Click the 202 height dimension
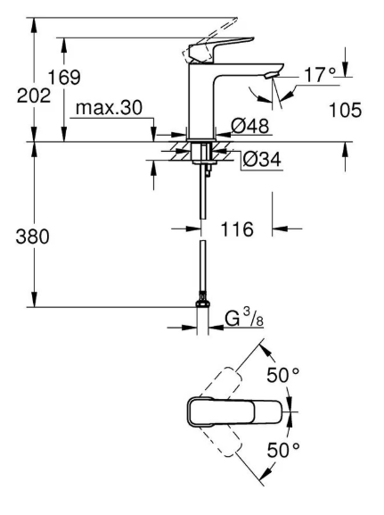tap(34, 96)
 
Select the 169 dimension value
tap(64, 78)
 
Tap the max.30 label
tap(109, 108)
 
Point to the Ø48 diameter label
tap(249, 125)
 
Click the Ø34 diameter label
tap(262, 160)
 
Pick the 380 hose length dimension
tap(32, 237)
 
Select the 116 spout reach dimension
tap(237, 228)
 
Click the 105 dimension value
tap(345, 110)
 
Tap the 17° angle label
tap(320, 75)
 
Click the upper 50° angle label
tap(282, 375)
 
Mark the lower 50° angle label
tap(283, 450)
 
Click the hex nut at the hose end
tap(202, 303)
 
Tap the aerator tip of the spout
tap(271, 75)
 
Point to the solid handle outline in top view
tap(234, 411)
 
